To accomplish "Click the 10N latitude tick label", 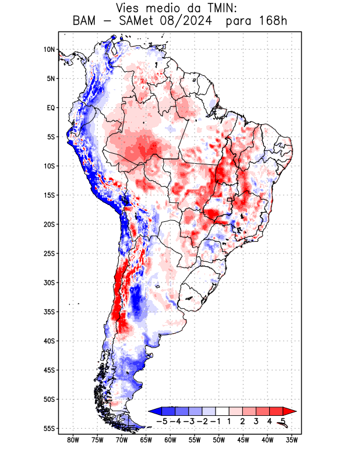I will [x=49, y=50].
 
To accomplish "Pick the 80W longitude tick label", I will [x=73, y=440].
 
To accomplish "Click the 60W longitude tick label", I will [x=171, y=440].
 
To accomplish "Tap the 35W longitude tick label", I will [x=292, y=440].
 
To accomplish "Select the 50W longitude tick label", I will [x=219, y=440].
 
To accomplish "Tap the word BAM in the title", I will [x=86, y=22].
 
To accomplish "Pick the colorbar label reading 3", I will [x=256, y=421].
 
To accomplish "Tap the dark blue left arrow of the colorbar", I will [x=155, y=411].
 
